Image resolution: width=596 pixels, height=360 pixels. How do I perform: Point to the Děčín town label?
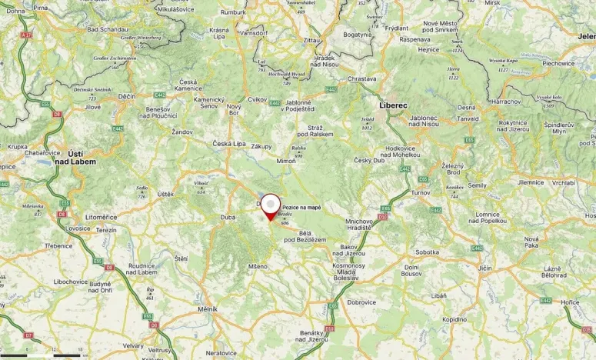click(x=127, y=97)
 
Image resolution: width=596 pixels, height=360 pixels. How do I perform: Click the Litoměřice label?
click(x=101, y=218)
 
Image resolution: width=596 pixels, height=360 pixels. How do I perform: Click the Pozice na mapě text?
click(x=301, y=208)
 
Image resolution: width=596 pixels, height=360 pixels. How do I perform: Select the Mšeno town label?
click(x=258, y=266)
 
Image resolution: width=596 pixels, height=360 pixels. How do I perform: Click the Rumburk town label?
click(x=233, y=13)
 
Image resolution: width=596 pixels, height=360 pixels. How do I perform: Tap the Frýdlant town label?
click(x=397, y=28)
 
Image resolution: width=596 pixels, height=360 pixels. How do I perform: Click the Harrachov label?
click(x=505, y=102)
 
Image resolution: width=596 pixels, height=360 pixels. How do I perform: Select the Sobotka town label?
click(x=427, y=252)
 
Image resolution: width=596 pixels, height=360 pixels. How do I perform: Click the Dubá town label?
click(x=228, y=218)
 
